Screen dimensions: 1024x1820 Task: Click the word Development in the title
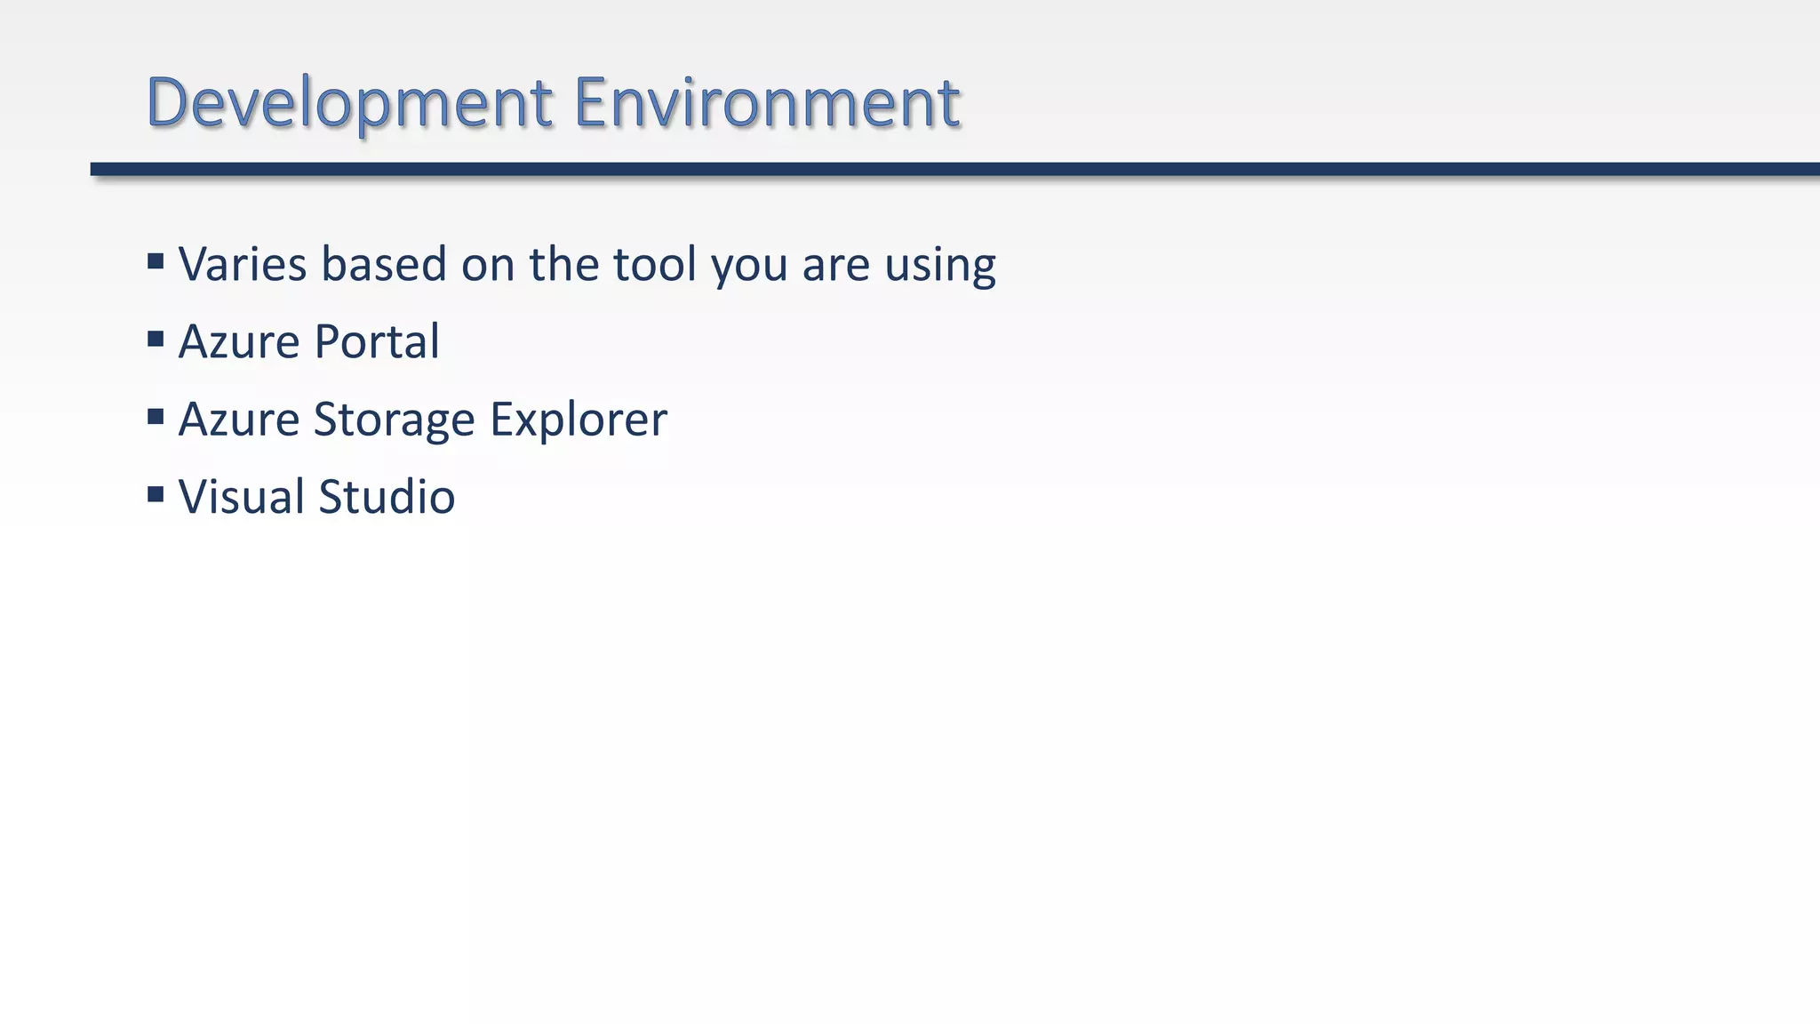pyautogui.click(x=349, y=103)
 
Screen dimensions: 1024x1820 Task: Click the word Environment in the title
pyautogui.click(x=766, y=103)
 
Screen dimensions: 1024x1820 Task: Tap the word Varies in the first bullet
pyautogui.click(x=243, y=265)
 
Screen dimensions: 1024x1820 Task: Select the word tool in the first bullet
pyautogui.click(x=654, y=265)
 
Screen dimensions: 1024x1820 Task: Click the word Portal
pyautogui.click(x=377, y=342)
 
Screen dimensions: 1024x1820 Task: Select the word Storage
pyautogui.click(x=394, y=420)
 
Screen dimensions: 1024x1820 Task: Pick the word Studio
pyautogui.click(x=387, y=497)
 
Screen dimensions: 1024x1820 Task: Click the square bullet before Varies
pyautogui.click(x=156, y=261)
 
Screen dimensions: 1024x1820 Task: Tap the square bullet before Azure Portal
pyautogui.click(x=156, y=339)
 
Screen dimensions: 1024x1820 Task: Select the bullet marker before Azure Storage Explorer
pyautogui.click(x=156, y=417)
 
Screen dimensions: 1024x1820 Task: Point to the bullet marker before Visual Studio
pyautogui.click(x=156, y=494)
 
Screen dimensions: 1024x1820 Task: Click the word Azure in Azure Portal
pyautogui.click(x=239, y=342)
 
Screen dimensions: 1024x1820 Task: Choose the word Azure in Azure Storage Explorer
pyautogui.click(x=239, y=420)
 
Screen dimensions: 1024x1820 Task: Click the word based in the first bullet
pyautogui.click(x=383, y=265)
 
